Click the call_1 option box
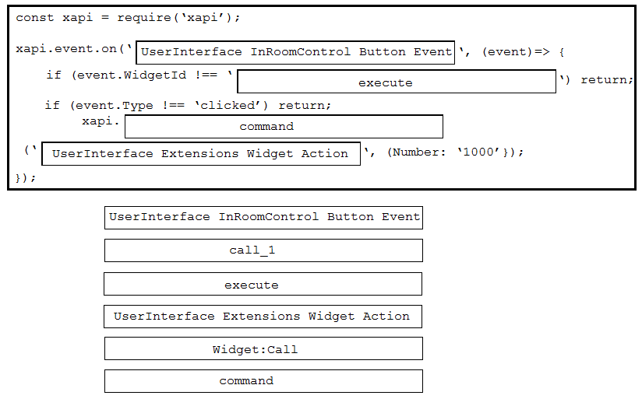263,250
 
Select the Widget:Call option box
263,348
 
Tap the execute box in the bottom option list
263,284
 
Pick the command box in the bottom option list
263,381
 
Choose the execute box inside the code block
397,82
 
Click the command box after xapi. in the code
284,126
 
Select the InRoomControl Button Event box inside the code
295,52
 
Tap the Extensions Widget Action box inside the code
201,154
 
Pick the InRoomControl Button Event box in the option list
263,218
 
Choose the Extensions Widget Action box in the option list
263,317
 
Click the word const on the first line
35,18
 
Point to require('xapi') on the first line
175,18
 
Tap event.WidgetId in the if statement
131,75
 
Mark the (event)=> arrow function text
516,52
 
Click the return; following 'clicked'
305,106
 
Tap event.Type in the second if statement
114,106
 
